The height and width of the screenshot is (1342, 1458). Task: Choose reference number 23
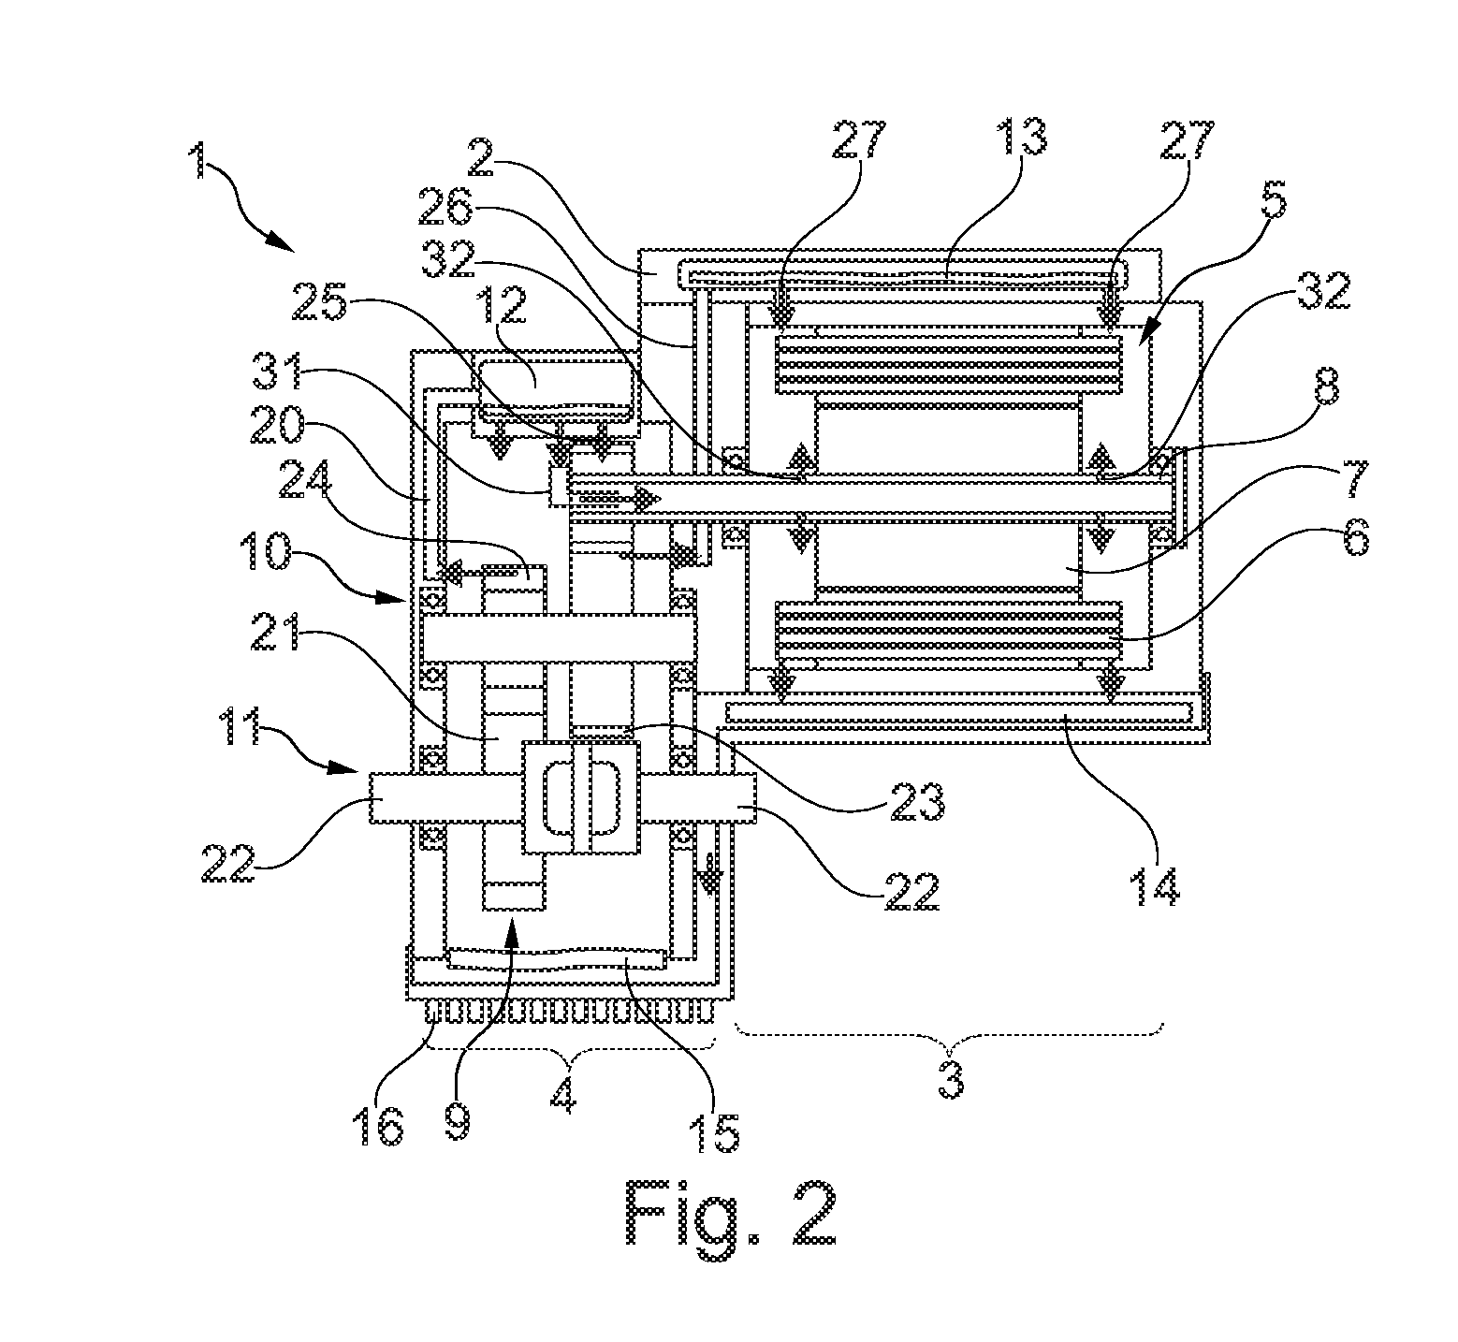coord(916,800)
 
